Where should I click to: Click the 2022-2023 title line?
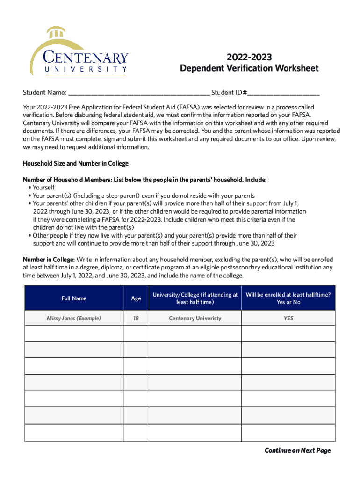click(x=249, y=58)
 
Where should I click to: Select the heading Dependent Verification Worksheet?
click(x=249, y=69)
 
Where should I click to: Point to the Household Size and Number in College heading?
click(x=76, y=164)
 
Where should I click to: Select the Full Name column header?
click(x=74, y=298)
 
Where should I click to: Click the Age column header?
click(x=136, y=298)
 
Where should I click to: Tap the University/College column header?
click(x=195, y=298)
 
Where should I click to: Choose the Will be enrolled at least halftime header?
click(x=288, y=298)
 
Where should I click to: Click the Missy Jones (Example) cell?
click(x=74, y=318)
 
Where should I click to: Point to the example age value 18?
click(x=136, y=318)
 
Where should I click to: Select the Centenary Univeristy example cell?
click(x=195, y=318)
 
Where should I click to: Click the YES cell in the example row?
click(x=288, y=318)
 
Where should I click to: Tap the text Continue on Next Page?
click(x=297, y=450)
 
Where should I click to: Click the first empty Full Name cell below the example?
click(x=74, y=334)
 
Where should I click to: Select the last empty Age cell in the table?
click(x=136, y=432)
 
